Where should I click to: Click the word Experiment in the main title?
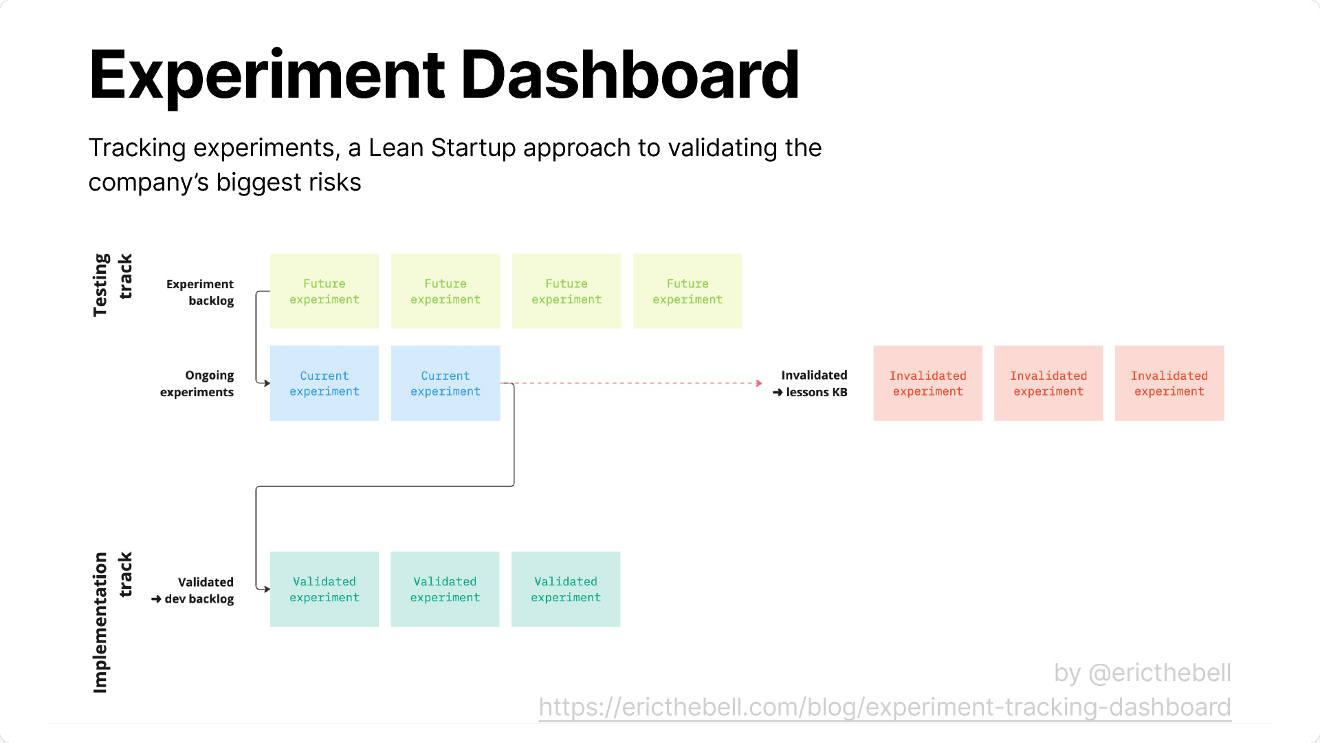pyautogui.click(x=267, y=76)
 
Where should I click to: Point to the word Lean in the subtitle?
pyautogui.click(x=395, y=148)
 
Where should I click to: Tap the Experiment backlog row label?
pyautogui.click(x=200, y=292)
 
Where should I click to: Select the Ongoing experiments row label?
pyautogui.click(x=197, y=383)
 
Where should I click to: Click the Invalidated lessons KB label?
pyautogui.click(x=811, y=383)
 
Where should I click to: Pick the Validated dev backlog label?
pyautogui.click(x=194, y=590)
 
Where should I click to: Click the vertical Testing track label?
pyautogui.click(x=112, y=285)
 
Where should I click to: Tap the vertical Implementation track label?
pyautogui.click(x=112, y=622)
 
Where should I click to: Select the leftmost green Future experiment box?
pyautogui.click(x=324, y=291)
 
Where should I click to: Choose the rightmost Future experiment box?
pyautogui.click(x=687, y=291)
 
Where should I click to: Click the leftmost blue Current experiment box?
pyautogui.click(x=324, y=383)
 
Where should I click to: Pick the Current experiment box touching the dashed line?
pyautogui.click(x=445, y=383)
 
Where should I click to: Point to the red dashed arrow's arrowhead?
pyautogui.click(x=758, y=383)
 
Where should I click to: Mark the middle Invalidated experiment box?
pyautogui.click(x=1048, y=383)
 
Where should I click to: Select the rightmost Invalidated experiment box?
pyautogui.click(x=1169, y=383)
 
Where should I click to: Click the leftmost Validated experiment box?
pyautogui.click(x=324, y=589)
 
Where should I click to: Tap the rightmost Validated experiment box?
pyautogui.click(x=566, y=589)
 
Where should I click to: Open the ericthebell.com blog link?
pyautogui.click(x=885, y=707)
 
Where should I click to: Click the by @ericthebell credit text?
pyautogui.click(x=1142, y=673)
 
